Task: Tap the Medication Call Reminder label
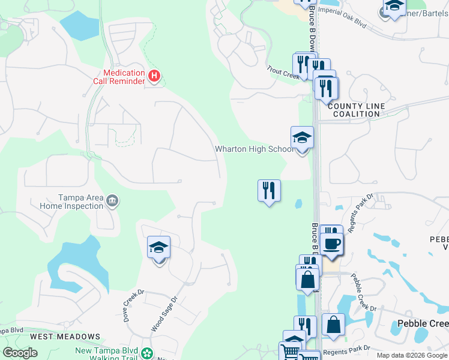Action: (119, 76)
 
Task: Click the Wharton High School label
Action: (253, 149)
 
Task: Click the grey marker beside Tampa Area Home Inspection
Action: (112, 200)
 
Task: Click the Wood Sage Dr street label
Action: (165, 314)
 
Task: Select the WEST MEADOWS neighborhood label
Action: (65, 337)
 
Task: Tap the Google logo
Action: (20, 353)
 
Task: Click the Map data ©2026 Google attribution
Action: (412, 355)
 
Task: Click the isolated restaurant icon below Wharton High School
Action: (269, 191)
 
